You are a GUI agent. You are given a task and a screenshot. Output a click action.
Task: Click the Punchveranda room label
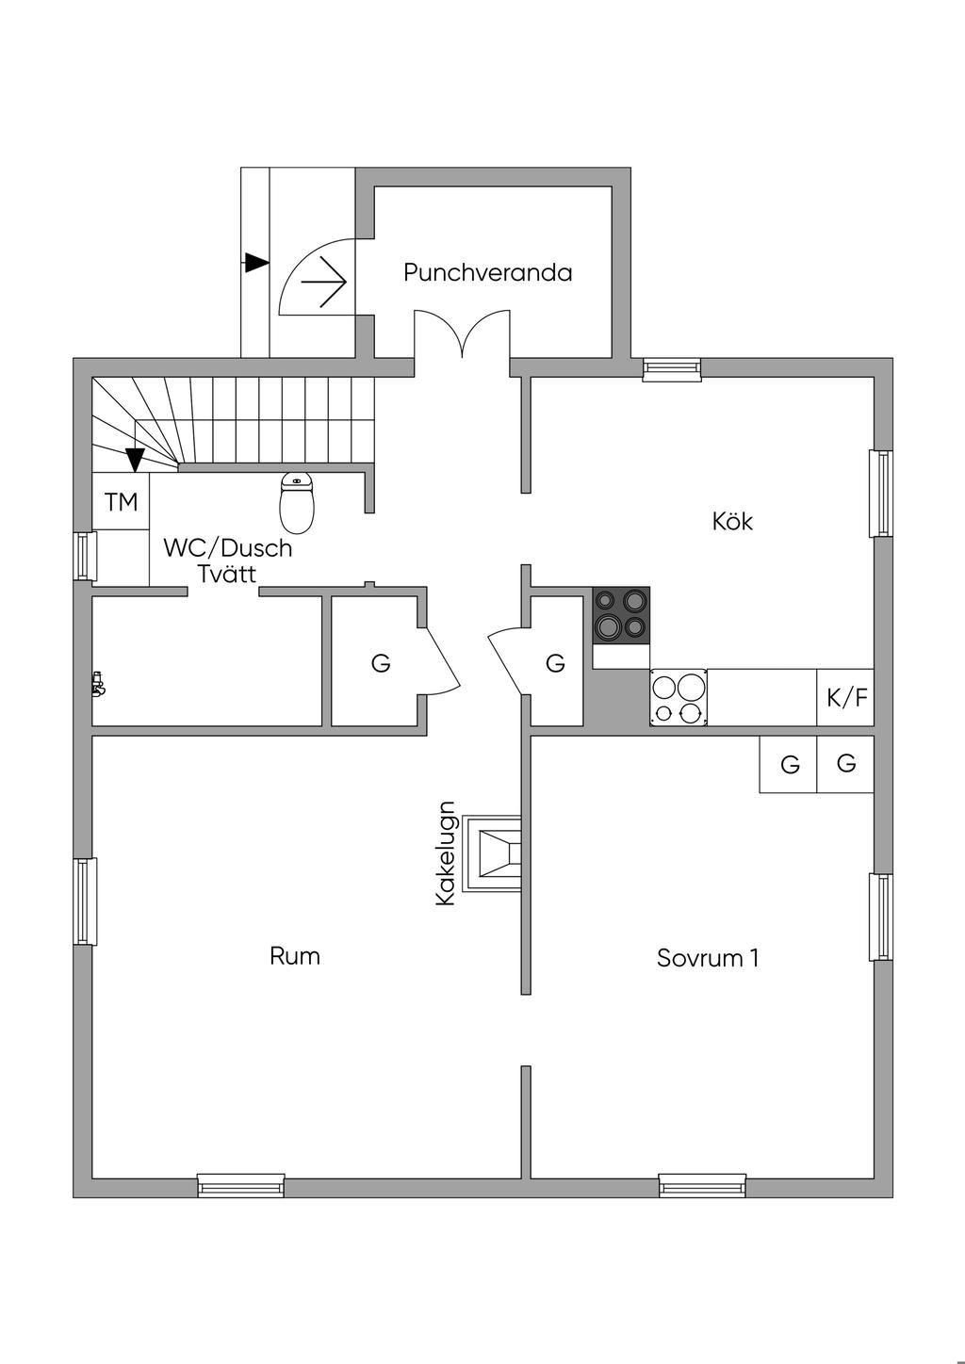(488, 272)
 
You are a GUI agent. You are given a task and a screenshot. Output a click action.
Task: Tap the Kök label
(732, 521)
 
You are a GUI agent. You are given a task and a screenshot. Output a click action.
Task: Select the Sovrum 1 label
(708, 958)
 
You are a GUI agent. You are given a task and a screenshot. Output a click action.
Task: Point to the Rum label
(295, 956)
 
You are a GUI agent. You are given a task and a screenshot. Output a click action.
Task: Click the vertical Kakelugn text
(446, 854)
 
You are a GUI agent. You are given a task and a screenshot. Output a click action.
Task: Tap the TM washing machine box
(121, 502)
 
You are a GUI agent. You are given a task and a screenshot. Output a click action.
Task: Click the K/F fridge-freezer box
(845, 698)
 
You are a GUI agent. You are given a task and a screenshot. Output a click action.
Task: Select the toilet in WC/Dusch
(297, 502)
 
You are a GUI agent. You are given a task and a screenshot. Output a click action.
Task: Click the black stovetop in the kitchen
(621, 614)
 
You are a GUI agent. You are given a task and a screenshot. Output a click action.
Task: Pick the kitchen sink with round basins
(679, 698)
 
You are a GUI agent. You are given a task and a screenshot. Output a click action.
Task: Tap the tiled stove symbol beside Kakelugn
(492, 854)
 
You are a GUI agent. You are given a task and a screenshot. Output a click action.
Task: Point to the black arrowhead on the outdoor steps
(256, 263)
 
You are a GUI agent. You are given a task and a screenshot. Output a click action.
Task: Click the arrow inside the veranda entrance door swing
(324, 282)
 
